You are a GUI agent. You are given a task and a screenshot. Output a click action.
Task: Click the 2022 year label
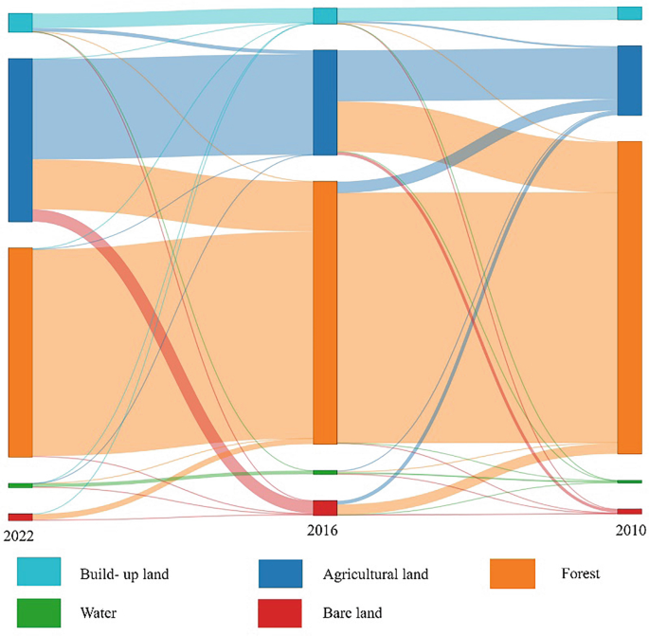pyautogui.click(x=18, y=536)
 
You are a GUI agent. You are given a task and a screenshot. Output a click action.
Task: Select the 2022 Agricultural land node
pyautogui.click(x=21, y=139)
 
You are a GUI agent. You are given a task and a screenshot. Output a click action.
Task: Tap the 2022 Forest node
pyautogui.click(x=21, y=352)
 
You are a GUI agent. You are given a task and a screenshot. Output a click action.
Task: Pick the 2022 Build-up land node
pyautogui.click(x=21, y=23)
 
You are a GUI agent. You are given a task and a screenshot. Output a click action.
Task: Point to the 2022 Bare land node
pyautogui.click(x=21, y=517)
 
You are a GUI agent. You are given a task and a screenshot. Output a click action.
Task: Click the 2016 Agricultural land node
pyautogui.click(x=325, y=102)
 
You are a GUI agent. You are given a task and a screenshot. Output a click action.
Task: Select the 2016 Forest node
pyautogui.click(x=325, y=312)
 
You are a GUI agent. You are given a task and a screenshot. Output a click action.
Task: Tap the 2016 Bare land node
pyautogui.click(x=325, y=508)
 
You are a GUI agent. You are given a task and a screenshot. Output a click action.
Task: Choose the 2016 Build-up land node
pyautogui.click(x=325, y=16)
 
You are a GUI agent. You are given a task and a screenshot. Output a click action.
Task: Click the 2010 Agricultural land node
pyautogui.click(x=629, y=81)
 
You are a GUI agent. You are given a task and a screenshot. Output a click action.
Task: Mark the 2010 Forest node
pyautogui.click(x=629, y=298)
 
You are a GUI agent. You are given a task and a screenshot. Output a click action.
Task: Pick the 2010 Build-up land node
pyautogui.click(x=629, y=13)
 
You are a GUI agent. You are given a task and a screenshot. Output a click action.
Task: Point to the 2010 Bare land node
pyautogui.click(x=629, y=511)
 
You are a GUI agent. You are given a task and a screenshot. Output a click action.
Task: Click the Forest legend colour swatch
pyautogui.click(x=512, y=573)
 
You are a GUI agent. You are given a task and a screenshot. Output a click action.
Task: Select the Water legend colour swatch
pyautogui.click(x=39, y=613)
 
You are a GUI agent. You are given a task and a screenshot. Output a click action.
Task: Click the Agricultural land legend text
pyautogui.click(x=375, y=573)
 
